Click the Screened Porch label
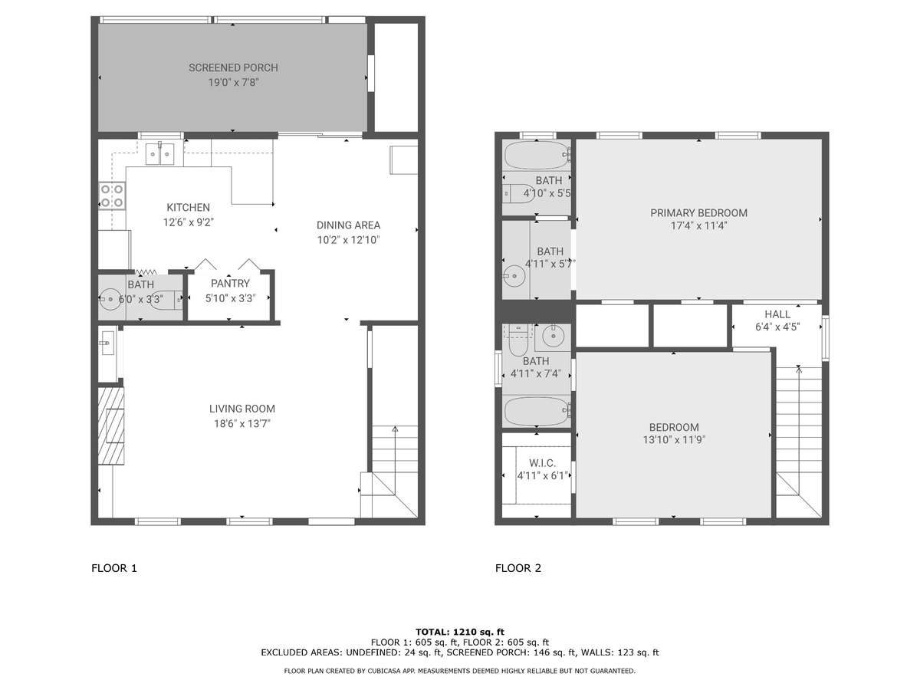pos(233,68)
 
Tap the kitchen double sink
pos(159,154)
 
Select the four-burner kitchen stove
pos(112,195)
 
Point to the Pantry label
pos(230,284)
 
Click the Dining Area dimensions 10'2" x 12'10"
pos(348,240)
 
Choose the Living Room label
pos(242,409)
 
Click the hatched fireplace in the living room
pos(111,426)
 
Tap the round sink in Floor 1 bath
pos(110,299)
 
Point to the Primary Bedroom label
pos(698,213)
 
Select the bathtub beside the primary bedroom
pos(537,155)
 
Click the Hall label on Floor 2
pos(777,314)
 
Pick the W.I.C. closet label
pos(542,463)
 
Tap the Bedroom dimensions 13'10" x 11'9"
pos(674,440)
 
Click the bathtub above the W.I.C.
pos(537,412)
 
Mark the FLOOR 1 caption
pos(114,568)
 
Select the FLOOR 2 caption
pos(518,568)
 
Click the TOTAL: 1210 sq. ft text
pos(460,632)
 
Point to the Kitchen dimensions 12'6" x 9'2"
pos(188,222)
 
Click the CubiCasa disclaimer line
pos(460,671)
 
